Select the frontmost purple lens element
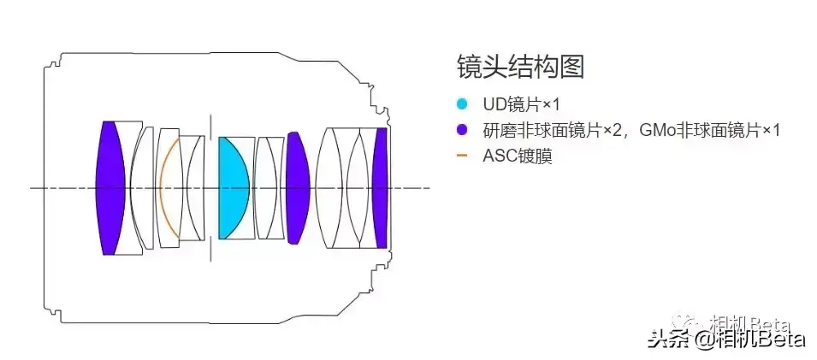[110, 188]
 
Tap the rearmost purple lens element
[381, 187]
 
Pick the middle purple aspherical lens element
[296, 187]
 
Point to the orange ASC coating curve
[163, 187]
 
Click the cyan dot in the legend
[462, 104]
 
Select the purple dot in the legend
[462, 130]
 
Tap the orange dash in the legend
[462, 156]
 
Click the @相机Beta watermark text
[749, 340]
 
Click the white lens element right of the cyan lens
[268, 187]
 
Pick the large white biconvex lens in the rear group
[334, 187]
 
